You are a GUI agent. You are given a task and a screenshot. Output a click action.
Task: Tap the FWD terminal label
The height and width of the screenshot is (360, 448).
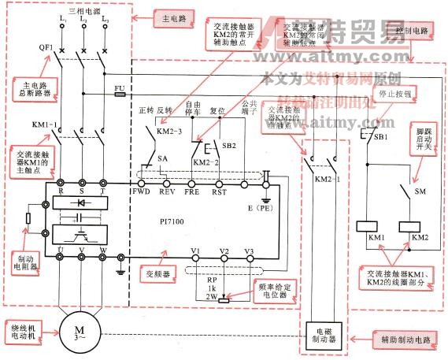pyautogui.click(x=142, y=190)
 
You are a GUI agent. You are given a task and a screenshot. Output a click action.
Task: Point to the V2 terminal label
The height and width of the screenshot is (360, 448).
pyautogui.click(x=224, y=252)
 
